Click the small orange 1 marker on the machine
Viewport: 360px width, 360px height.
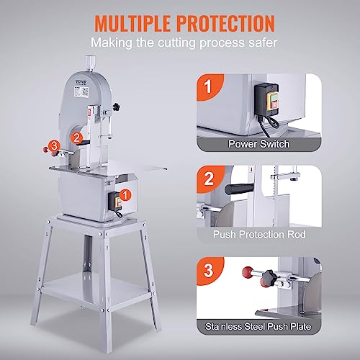[127, 194]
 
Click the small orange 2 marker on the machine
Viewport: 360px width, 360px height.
[78, 133]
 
